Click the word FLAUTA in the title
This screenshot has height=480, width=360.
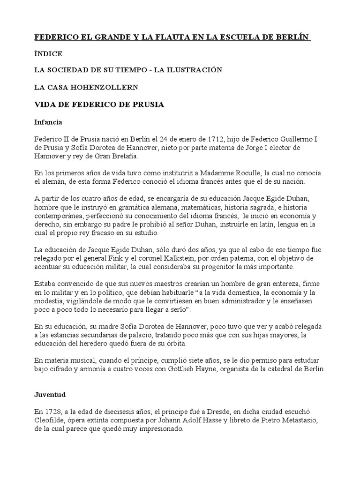point(150,37)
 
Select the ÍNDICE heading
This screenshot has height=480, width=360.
point(48,53)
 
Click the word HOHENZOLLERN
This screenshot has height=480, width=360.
point(111,87)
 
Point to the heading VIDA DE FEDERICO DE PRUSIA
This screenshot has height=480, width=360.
point(99,105)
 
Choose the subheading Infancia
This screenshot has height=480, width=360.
point(49,122)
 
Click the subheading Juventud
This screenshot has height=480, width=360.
point(50,395)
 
